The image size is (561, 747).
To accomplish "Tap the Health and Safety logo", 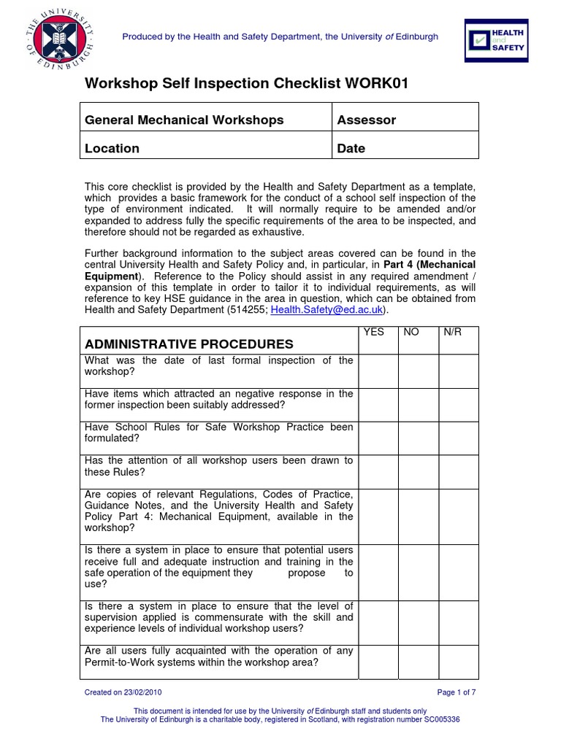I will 496,40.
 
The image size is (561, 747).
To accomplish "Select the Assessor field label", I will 366,120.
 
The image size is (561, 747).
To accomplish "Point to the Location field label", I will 112,148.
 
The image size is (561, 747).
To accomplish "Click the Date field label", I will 351,148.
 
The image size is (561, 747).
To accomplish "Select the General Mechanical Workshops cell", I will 184,120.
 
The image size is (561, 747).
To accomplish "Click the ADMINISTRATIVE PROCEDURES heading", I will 189,344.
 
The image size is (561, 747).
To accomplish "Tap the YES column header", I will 375,332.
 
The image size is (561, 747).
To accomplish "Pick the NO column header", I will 411,332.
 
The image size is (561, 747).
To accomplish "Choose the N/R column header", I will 452,332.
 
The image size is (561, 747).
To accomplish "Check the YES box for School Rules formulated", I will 378,438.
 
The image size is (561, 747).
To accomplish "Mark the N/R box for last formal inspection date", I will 458,371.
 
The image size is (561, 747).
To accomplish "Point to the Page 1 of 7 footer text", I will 457,692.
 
